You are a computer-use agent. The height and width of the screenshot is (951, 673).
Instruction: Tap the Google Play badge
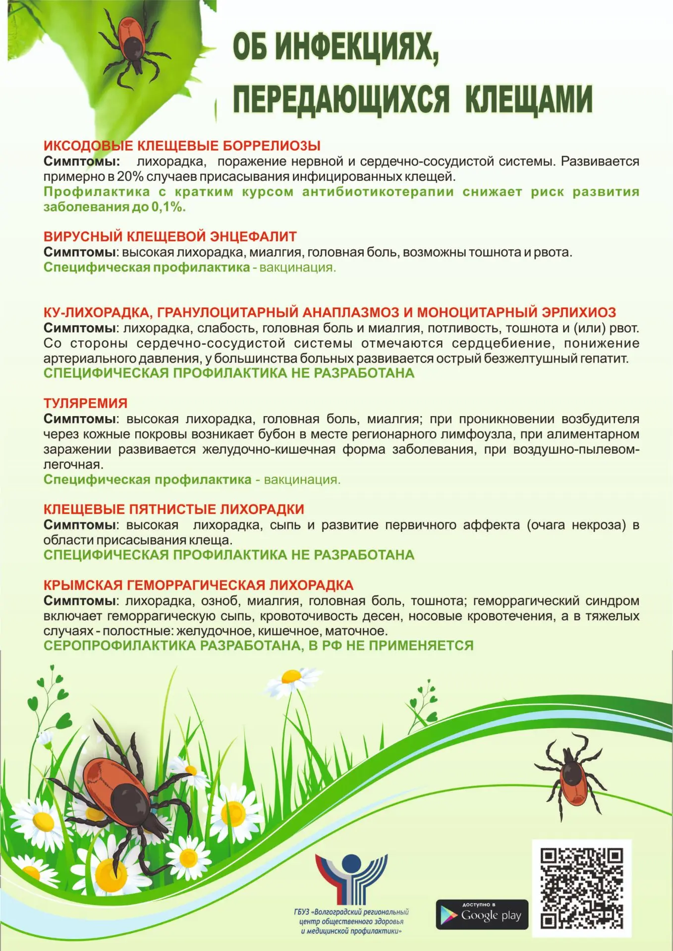point(482,914)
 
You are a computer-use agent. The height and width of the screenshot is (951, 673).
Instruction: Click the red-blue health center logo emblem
point(351,877)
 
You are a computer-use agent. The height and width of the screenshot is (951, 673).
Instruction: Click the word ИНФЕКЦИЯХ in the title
point(357,47)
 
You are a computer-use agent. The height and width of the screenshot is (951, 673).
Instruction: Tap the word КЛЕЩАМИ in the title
point(529,100)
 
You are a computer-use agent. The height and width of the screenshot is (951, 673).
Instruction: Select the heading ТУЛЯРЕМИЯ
point(85,403)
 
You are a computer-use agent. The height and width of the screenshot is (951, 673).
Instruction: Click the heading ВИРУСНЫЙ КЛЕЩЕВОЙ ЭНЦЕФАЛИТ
point(170,236)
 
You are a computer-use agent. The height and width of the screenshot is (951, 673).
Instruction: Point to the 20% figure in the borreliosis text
point(130,176)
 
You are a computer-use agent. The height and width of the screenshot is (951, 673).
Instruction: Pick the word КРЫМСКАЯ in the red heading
point(83,585)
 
